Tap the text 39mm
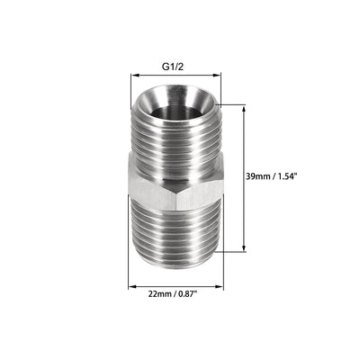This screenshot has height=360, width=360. click(264, 178)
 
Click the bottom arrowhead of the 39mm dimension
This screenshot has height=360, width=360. click(244, 249)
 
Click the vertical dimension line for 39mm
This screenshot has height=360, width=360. click(244, 216)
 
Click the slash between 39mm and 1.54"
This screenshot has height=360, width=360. click(279, 178)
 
